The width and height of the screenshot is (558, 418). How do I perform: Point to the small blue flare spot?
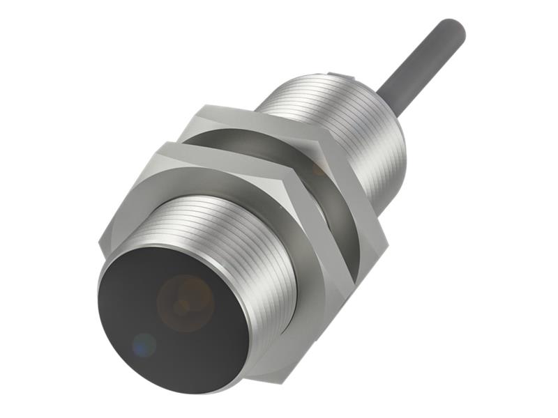[144, 343]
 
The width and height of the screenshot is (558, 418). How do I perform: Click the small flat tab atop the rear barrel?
[337, 75]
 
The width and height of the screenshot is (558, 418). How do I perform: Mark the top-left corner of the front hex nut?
[163, 145]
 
